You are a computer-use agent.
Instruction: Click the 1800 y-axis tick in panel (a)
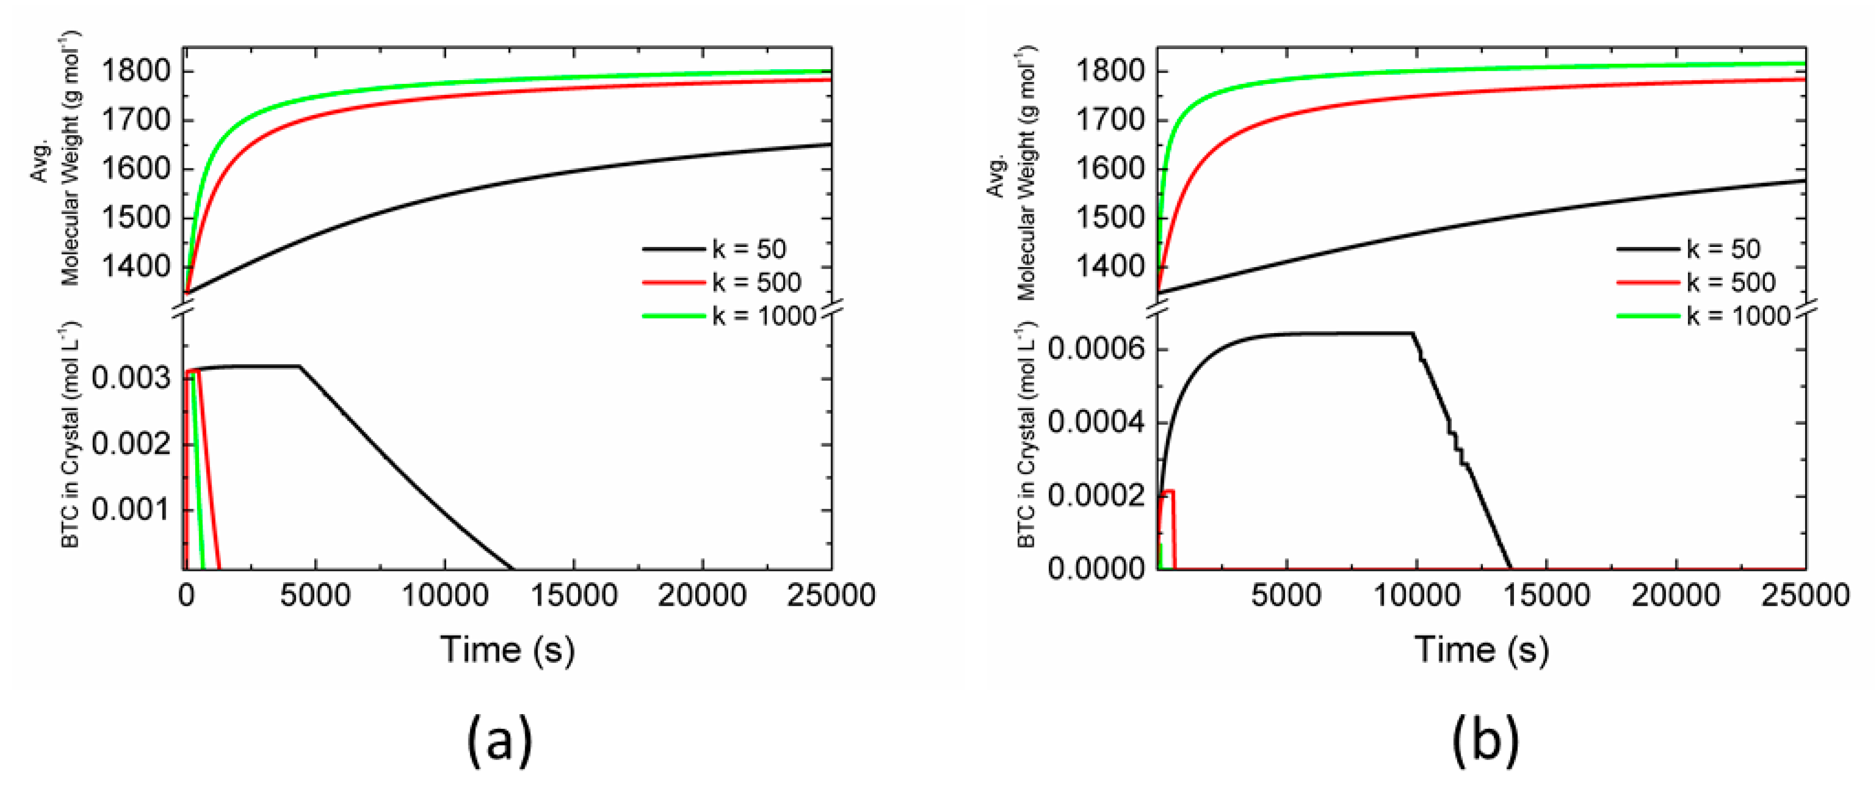coord(135,72)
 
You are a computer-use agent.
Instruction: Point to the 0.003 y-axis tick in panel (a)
coord(131,378)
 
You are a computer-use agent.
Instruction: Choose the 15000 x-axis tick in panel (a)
coord(574,596)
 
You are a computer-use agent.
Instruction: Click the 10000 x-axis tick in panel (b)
coord(1416,596)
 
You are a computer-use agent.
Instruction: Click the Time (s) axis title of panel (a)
coord(507,649)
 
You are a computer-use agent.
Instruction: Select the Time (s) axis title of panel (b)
coord(1481,649)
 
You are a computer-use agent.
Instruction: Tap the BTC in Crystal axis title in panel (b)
coord(1026,435)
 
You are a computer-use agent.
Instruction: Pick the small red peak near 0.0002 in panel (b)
coord(1168,493)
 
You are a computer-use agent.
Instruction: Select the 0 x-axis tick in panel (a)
coord(187,596)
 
